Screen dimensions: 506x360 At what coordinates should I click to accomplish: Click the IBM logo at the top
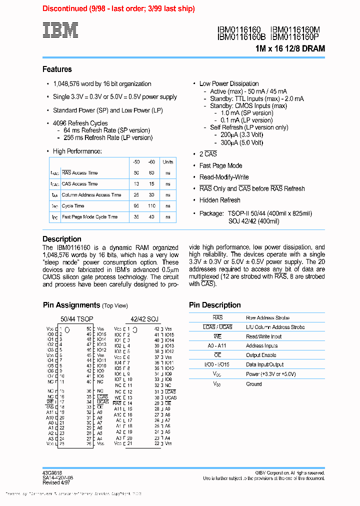(x=60, y=30)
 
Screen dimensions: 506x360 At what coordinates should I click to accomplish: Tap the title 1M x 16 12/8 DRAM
(x=290, y=48)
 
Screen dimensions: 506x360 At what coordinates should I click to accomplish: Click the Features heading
(x=57, y=69)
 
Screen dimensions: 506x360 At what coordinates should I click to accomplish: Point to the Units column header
(x=168, y=162)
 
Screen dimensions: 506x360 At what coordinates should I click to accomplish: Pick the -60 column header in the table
(x=151, y=162)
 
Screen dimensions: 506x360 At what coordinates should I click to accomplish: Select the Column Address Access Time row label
(x=91, y=195)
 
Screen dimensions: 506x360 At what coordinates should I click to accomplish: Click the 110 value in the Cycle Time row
(x=151, y=206)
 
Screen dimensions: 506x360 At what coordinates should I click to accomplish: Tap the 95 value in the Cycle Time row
(x=136, y=206)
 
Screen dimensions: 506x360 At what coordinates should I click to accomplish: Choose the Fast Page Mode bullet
(x=220, y=165)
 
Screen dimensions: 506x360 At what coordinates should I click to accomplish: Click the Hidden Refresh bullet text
(x=219, y=200)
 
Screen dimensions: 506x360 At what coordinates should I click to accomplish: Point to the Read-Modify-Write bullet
(x=224, y=177)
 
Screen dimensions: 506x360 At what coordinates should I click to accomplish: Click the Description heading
(x=61, y=239)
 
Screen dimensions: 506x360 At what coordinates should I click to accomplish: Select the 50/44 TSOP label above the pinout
(x=76, y=318)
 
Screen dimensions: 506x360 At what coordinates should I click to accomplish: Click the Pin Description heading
(x=214, y=305)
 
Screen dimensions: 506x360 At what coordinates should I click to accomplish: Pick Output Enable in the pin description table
(x=261, y=355)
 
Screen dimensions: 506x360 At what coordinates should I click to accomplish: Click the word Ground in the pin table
(x=254, y=384)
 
